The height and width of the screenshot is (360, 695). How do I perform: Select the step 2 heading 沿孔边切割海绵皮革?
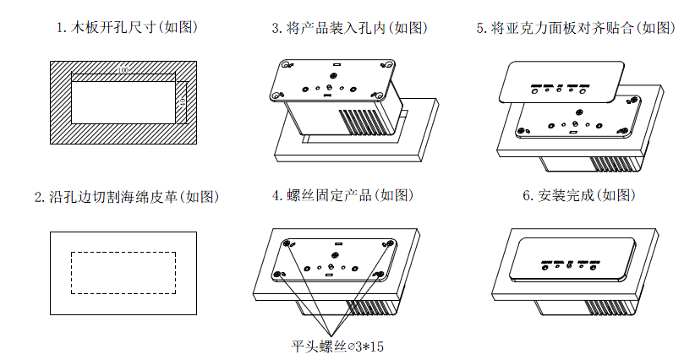[x=127, y=196]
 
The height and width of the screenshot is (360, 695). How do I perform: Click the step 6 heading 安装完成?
[x=577, y=196]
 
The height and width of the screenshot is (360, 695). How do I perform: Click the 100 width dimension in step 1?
[x=124, y=69]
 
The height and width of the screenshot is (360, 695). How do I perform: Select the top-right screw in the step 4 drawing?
[x=391, y=243]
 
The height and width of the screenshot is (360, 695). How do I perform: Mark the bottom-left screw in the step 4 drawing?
[x=276, y=273]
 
